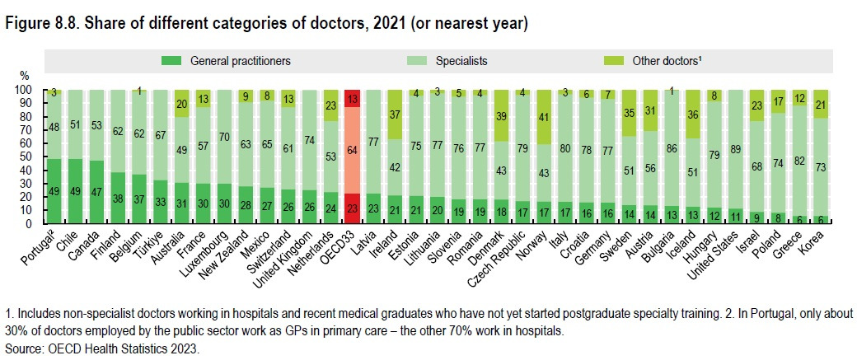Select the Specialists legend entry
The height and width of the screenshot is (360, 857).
pyautogui.click(x=458, y=60)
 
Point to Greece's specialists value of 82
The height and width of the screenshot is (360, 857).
pyautogui.click(x=800, y=161)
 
